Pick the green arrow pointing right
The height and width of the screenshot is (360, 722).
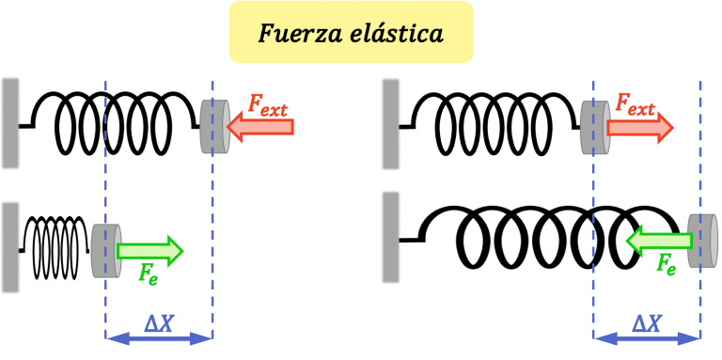150,250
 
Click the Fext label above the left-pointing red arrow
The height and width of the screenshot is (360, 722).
268,104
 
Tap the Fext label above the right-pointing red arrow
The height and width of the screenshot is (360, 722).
635,104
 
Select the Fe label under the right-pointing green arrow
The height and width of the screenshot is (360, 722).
148,274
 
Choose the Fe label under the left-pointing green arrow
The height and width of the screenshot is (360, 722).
666,264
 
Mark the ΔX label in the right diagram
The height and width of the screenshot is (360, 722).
646,323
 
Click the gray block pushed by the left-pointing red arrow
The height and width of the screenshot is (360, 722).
214,127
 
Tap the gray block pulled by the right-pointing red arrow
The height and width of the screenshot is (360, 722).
594,127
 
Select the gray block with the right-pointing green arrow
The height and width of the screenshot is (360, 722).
105,250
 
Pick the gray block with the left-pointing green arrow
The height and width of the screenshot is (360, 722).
702,241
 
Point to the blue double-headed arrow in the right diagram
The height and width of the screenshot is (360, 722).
646,337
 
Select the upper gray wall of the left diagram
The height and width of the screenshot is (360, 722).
10,123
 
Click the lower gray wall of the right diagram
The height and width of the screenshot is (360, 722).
390,237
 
